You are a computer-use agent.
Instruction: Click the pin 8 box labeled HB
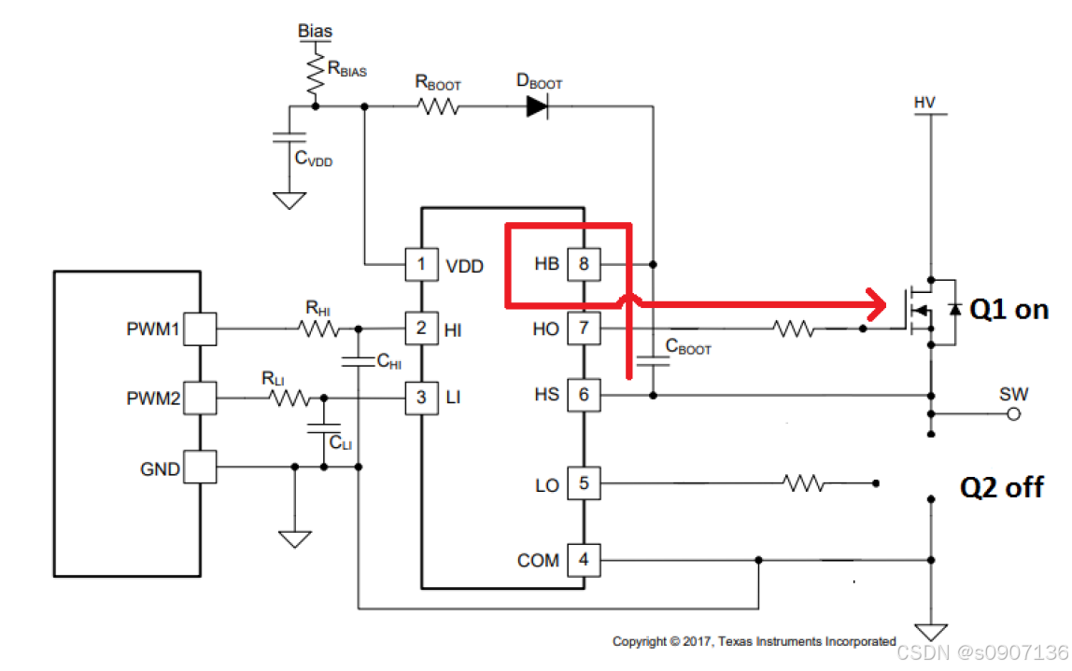point(584,264)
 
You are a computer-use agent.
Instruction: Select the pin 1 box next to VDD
point(422,264)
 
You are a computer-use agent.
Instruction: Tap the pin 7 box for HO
point(584,329)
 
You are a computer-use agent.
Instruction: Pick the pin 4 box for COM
point(584,560)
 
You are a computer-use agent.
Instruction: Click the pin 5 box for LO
point(584,483)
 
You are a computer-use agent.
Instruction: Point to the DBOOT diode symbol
point(537,106)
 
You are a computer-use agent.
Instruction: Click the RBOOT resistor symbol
point(438,106)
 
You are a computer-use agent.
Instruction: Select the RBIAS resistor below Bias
point(316,74)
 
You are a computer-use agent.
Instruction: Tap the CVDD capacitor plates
point(289,137)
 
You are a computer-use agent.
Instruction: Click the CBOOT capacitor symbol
point(653,361)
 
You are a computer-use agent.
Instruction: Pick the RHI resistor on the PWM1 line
point(318,329)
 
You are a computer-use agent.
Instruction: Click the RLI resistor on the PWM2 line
point(289,398)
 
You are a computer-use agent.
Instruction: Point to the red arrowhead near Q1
point(876,304)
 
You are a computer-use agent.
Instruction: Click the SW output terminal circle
point(1014,414)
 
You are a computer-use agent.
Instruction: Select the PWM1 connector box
point(201,329)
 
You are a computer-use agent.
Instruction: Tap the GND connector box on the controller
point(201,468)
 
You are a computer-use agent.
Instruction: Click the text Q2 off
point(1002,488)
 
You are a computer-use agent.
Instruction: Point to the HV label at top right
point(924,103)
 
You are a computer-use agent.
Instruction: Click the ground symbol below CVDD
point(289,201)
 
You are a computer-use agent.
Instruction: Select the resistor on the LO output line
point(805,483)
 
